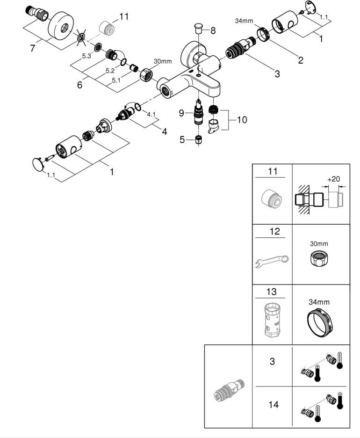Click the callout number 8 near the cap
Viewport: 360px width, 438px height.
tap(213, 31)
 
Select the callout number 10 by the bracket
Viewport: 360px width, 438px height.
tap(242, 120)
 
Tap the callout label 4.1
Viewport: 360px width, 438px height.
tap(151, 114)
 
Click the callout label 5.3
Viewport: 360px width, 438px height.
tap(86, 56)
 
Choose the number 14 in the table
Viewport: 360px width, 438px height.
tap(274, 404)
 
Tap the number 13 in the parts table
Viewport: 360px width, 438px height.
tap(272, 292)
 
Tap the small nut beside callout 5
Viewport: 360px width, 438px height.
tap(198, 139)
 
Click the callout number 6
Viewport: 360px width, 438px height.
tap(79, 85)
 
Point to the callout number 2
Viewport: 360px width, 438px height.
tap(300, 59)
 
